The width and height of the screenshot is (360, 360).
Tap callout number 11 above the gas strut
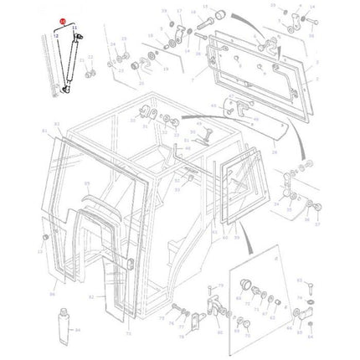point(75,28)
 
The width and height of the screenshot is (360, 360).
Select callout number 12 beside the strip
point(56,36)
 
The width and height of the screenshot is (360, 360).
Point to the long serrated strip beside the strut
point(50,67)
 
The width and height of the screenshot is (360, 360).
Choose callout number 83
point(58,123)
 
